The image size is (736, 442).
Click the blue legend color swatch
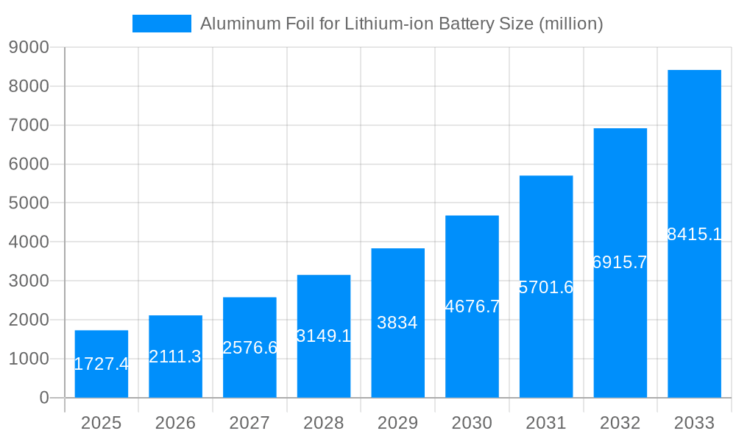(161, 24)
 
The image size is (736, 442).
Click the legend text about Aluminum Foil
(401, 24)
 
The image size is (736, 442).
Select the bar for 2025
(102, 383)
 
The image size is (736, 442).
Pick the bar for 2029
(397, 354)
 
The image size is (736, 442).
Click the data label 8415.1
(694, 234)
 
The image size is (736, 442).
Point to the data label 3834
(397, 323)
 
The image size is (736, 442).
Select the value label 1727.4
(102, 364)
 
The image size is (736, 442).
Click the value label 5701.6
(546, 287)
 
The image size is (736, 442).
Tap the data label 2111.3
(175, 357)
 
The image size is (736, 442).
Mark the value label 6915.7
(620, 262)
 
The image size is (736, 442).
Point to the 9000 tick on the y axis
(29, 47)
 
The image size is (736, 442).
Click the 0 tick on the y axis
(43, 398)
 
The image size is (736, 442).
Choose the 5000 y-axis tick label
(29, 203)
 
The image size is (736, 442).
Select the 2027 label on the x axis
(250, 423)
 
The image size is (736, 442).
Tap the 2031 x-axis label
(546, 423)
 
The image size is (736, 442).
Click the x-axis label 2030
(472, 423)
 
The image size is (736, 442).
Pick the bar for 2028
(324, 368)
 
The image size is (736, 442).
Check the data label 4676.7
(472, 306)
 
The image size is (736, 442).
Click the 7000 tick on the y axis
(29, 125)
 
